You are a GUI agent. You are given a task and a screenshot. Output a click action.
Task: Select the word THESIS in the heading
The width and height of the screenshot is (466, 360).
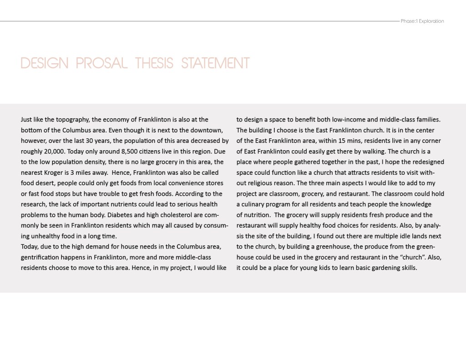click(x=155, y=63)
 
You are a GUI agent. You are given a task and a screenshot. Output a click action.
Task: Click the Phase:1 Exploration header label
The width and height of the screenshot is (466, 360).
click(x=422, y=21)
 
